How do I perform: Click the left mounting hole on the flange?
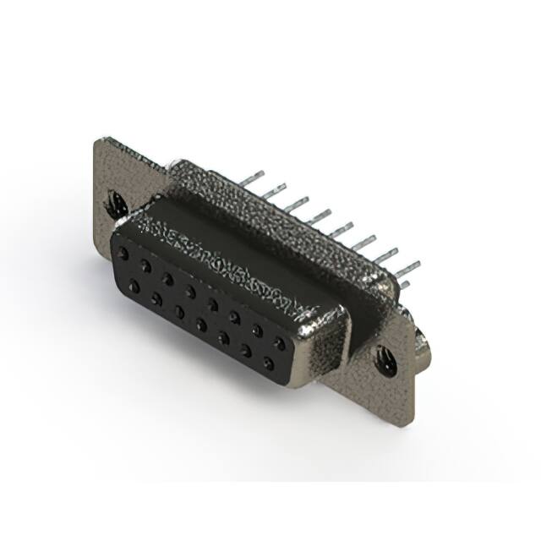pyautogui.click(x=116, y=202)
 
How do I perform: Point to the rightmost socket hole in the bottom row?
pyautogui.click(x=269, y=366)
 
